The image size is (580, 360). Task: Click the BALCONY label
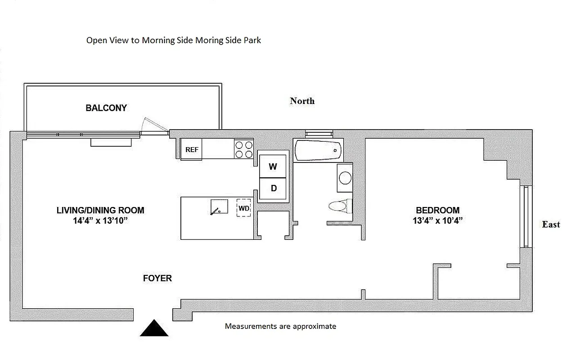[x=106, y=108]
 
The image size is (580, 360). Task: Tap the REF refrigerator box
[x=192, y=149]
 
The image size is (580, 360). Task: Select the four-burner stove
[x=244, y=149]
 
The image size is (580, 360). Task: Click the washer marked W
[x=273, y=166]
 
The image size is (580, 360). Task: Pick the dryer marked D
[x=273, y=188]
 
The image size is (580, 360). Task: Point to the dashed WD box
[x=244, y=208]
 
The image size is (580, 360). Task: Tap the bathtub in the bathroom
[x=317, y=150]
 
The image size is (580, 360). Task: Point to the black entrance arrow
[x=154, y=328]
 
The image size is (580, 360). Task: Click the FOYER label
[x=157, y=278]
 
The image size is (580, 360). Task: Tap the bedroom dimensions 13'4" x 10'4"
[x=437, y=220]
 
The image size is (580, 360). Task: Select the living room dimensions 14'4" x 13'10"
[x=100, y=220]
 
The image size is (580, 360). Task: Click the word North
[x=302, y=101]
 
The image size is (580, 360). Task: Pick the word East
[x=551, y=225]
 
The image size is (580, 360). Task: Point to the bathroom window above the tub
[x=319, y=133]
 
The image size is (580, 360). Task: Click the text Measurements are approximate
[x=280, y=326]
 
